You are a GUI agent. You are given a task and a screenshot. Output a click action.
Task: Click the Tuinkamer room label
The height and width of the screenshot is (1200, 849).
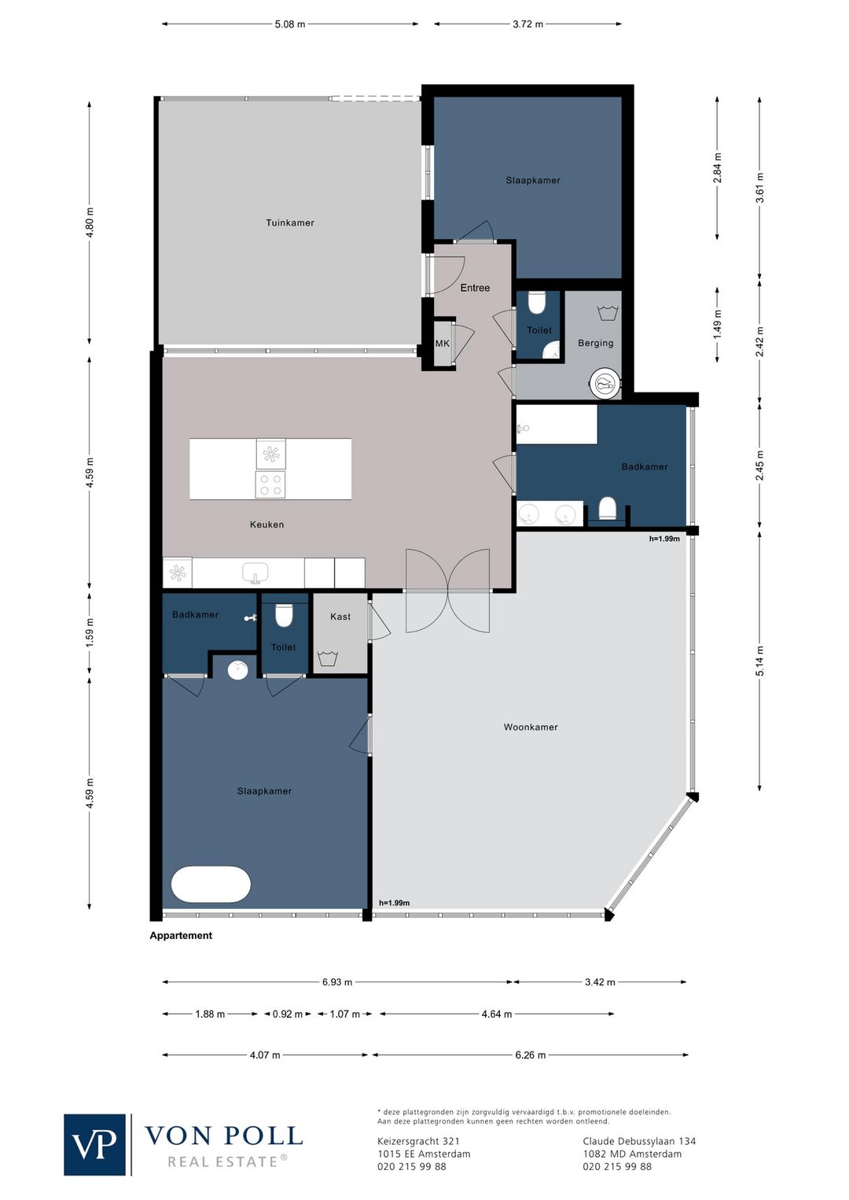coord(290,223)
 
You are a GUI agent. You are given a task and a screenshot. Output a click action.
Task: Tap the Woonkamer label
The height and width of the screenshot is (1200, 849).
coord(531,727)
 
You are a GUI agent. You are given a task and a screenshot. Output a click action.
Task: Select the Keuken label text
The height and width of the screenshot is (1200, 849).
coord(266,525)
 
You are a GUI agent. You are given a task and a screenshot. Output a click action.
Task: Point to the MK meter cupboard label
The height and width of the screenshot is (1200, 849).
coord(443,344)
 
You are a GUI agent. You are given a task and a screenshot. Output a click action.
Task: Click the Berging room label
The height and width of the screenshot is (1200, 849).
coord(596,344)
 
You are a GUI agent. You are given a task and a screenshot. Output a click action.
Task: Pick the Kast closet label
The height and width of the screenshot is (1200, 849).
coord(340,617)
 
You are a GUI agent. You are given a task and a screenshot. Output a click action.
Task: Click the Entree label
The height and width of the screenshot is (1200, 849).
coord(475,289)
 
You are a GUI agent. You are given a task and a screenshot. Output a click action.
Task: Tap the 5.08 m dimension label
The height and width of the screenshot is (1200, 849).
coord(290,24)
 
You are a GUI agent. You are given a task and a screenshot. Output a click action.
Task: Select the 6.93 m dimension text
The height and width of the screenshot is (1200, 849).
coord(337,982)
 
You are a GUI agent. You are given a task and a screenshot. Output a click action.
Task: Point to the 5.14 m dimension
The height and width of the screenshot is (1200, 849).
coord(760,661)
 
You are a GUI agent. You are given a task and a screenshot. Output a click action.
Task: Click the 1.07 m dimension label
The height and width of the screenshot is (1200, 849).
coord(345,1014)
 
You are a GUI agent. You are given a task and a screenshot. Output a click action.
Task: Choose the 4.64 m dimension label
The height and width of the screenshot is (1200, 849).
coord(497,1014)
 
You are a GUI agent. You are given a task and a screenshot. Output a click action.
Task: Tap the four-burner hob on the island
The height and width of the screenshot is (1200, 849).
coord(270,485)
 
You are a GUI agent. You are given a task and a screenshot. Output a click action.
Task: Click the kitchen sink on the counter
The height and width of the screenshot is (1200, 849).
coord(255,572)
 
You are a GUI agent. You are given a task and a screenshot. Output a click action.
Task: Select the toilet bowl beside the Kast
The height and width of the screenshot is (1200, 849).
coord(284,616)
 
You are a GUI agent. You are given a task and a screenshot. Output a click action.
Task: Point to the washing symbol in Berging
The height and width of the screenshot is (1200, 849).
coord(608,313)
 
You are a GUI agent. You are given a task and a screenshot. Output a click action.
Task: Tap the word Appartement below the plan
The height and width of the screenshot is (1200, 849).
coord(181,936)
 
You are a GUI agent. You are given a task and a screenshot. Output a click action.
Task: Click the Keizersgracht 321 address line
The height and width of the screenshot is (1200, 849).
coord(418,1142)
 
